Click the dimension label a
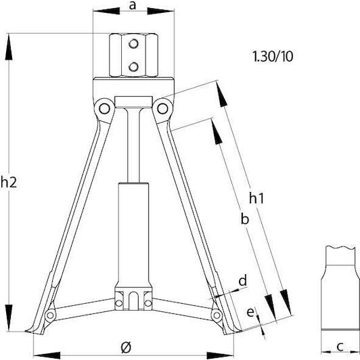[133, 5]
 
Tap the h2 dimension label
[9, 183]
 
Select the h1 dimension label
[256, 198]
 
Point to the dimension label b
[245, 219]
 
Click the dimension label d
[243, 280]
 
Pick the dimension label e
[250, 312]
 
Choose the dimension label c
[340, 346]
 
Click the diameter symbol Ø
[126, 347]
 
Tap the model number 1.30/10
[273, 56]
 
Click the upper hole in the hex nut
[133, 44]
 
